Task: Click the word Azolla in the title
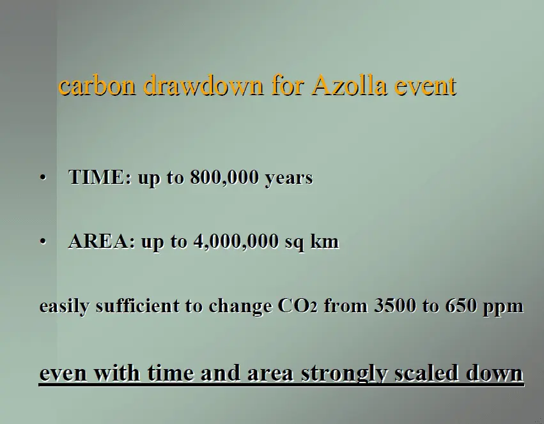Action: [349, 85]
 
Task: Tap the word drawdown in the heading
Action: [203, 85]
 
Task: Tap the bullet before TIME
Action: [43, 178]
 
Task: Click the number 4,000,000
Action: [237, 241]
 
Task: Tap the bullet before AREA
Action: [43, 241]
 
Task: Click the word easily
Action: [64, 307]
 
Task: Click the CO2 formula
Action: [298, 306]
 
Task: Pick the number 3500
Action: [395, 306]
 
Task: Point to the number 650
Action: [461, 306]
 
